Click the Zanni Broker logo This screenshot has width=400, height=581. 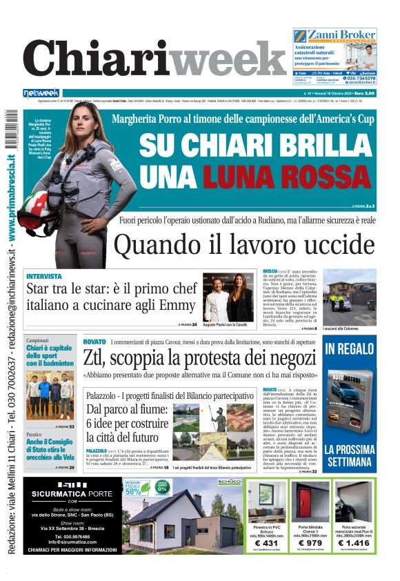click(334, 35)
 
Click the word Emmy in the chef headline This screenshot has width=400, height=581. click(178, 304)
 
